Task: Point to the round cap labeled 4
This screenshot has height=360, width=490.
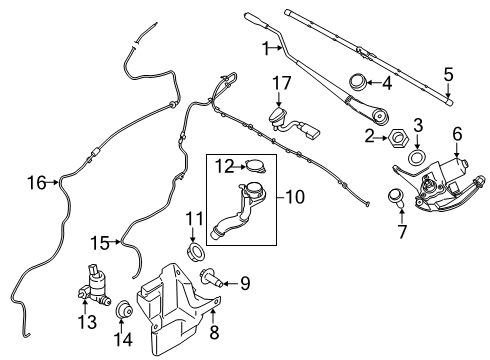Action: tap(357, 81)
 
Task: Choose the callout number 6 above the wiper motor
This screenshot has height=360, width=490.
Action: tap(457, 133)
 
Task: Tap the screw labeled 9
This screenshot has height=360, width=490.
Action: tap(213, 283)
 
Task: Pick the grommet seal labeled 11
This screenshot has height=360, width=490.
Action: tap(196, 245)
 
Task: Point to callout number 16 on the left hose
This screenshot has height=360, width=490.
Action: tap(37, 182)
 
